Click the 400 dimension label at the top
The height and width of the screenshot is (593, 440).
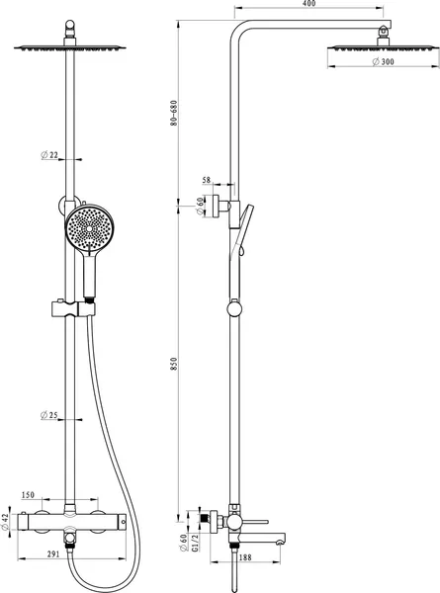pyautogui.click(x=309, y=4)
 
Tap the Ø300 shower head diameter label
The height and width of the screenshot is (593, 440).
pyautogui.click(x=383, y=61)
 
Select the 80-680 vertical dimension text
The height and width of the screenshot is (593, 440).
pyautogui.click(x=174, y=113)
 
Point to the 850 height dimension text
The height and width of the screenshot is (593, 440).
pyautogui.click(x=174, y=364)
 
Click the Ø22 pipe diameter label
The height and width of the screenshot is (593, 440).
pyautogui.click(x=49, y=155)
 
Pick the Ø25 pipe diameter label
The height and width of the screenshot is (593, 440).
pyautogui.click(x=49, y=415)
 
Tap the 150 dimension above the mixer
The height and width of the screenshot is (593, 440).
pyautogui.click(x=28, y=495)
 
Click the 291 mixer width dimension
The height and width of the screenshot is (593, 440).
pyautogui.click(x=53, y=554)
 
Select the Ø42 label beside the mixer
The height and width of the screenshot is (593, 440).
pyautogui.click(x=5, y=522)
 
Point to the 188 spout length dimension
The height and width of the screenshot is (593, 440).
pyautogui.click(x=245, y=557)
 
